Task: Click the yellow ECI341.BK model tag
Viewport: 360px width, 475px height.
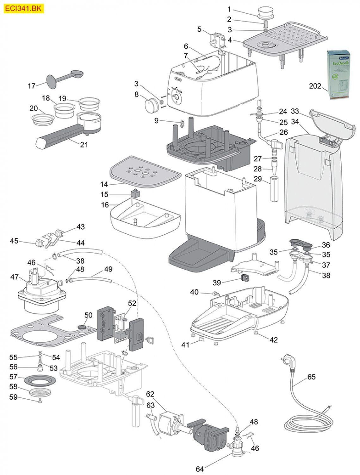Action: click(23, 9)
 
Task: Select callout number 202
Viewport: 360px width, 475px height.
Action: click(315, 86)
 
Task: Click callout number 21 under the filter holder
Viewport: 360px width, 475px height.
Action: click(84, 144)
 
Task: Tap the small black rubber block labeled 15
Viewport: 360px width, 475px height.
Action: click(135, 192)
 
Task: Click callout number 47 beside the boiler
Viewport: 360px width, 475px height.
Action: click(15, 277)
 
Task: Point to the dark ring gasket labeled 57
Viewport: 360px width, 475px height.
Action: click(40, 379)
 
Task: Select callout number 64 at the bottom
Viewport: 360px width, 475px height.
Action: click(200, 469)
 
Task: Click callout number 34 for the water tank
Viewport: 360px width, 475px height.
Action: click(295, 122)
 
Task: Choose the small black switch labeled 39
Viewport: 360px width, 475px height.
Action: click(244, 279)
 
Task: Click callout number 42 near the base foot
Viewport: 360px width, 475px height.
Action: click(273, 340)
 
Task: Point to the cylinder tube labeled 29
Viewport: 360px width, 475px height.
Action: click(274, 190)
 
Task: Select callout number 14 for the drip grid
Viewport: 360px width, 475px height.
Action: click(104, 184)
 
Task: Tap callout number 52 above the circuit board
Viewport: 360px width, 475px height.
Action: click(132, 303)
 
